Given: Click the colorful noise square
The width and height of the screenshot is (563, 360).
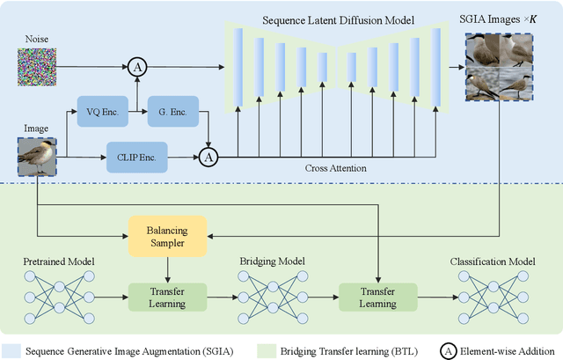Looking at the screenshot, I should tap(36, 66).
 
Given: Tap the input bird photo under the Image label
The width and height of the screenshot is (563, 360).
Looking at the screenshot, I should tap(36, 158).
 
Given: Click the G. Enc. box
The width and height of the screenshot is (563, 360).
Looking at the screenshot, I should tap(173, 112).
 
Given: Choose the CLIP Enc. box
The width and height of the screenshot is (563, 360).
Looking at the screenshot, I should tap(135, 158).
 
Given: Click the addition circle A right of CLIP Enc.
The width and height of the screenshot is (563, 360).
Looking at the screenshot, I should tap(208, 158).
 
